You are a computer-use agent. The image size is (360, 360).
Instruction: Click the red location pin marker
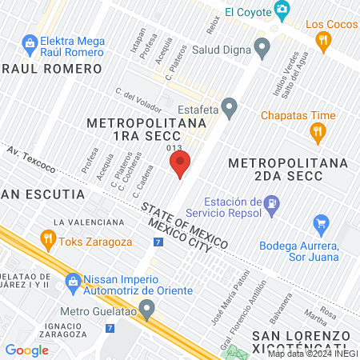179,166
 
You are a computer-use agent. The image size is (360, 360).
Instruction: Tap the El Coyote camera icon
281,10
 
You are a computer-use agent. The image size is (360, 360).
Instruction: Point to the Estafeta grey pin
230,106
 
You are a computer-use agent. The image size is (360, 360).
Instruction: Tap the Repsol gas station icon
272,204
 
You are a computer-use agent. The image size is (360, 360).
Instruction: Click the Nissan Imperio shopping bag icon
74,280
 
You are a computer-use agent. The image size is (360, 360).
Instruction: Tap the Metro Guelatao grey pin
146,308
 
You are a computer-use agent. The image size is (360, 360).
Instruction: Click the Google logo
26,350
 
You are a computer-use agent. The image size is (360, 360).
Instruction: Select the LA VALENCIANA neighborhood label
89,222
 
